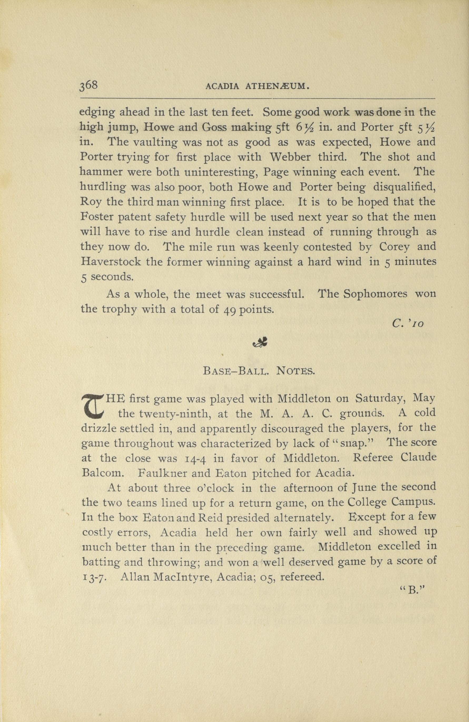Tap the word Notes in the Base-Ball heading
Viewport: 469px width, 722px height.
(x=295, y=371)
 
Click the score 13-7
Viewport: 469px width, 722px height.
(x=94, y=577)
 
